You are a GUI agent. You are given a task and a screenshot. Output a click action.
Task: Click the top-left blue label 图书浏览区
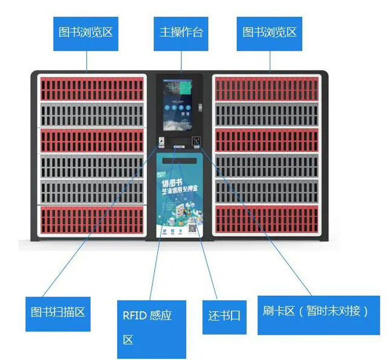(x=85, y=32)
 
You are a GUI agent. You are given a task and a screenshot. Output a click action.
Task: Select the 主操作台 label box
(x=181, y=32)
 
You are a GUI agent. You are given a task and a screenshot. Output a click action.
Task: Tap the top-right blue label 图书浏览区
(x=270, y=32)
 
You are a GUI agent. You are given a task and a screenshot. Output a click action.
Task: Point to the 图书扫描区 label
(x=57, y=313)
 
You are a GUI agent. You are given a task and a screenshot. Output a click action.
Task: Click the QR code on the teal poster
(x=193, y=228)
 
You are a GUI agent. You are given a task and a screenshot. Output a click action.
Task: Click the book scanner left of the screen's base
(x=161, y=143)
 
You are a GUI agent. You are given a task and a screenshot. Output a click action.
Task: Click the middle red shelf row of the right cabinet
(x=270, y=141)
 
